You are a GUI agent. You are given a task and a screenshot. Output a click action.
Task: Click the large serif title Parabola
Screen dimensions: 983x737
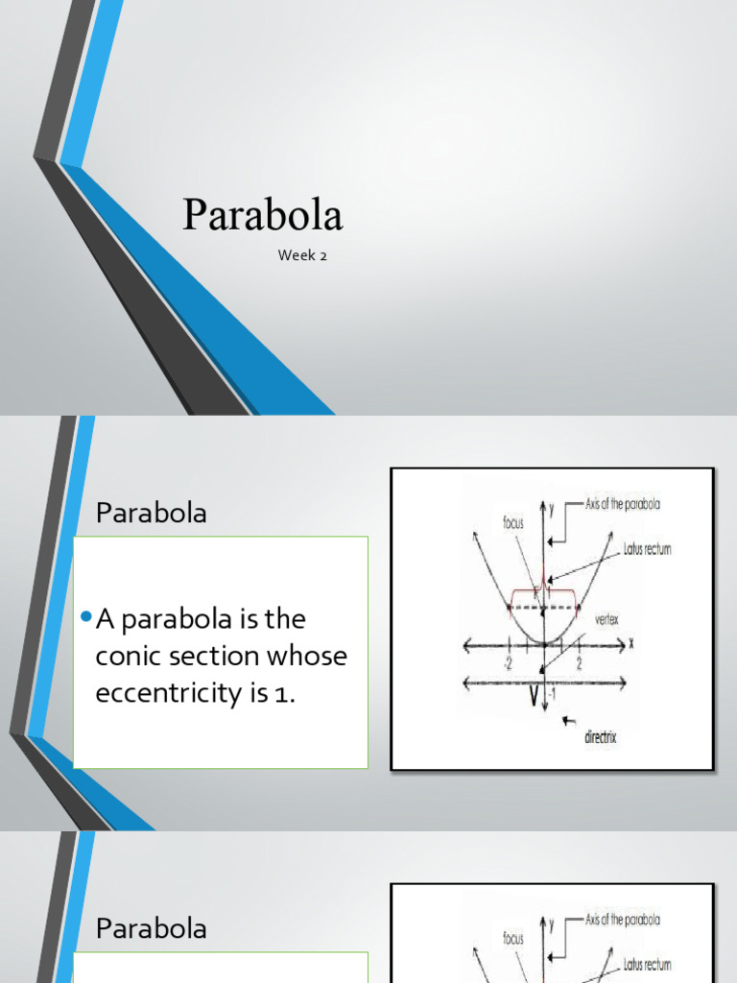[262, 215]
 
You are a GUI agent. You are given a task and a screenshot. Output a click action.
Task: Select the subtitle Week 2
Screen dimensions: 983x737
[302, 255]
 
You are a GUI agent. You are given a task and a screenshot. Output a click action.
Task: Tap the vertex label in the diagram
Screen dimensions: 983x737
[606, 619]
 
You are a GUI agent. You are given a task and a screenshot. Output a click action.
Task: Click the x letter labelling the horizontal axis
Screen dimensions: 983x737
[633, 642]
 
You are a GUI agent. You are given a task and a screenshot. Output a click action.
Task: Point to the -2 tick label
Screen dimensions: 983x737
[507, 662]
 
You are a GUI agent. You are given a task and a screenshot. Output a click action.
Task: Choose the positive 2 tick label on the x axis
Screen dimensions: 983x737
[579, 662]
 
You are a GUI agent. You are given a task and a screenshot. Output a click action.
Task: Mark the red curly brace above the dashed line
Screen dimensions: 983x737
[544, 589]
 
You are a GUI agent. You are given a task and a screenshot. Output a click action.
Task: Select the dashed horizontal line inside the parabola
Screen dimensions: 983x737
[543, 608]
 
